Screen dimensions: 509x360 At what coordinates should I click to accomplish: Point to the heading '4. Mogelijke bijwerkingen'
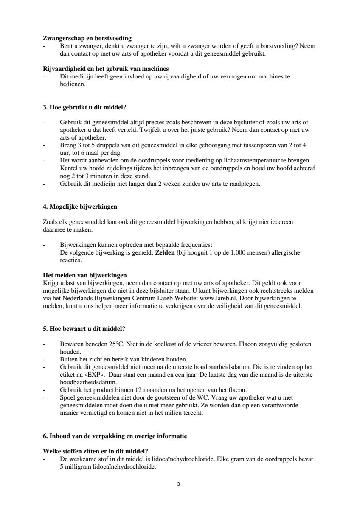pyautogui.click(x=80, y=207)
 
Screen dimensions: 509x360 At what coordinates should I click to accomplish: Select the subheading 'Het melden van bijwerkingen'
pyautogui.click(x=85, y=275)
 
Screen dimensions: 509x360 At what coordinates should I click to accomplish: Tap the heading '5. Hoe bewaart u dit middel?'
pyautogui.click(x=84, y=328)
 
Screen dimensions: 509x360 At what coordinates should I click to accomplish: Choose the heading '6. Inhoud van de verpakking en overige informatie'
pyautogui.click(x=115, y=436)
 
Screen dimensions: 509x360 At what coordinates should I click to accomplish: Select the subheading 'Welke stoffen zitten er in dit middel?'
pyautogui.click(x=98, y=451)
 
